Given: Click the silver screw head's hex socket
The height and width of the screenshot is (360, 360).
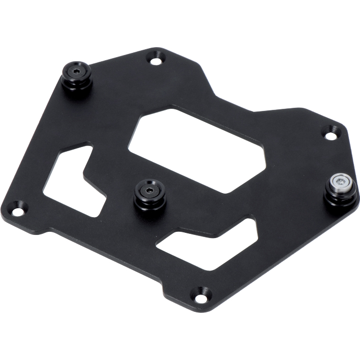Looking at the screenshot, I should [x=341, y=181].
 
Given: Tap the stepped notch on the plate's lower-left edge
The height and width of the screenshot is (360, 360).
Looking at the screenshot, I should [x=50, y=230].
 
